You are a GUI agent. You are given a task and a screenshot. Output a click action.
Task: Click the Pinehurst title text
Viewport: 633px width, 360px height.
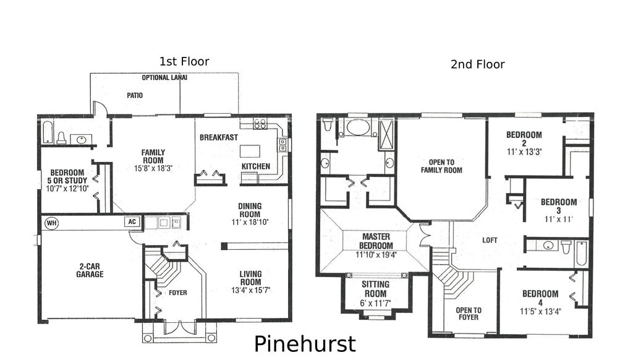305,344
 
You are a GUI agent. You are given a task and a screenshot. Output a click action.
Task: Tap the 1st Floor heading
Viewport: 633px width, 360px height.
184,61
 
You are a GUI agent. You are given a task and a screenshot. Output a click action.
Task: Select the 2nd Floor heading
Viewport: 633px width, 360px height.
477,64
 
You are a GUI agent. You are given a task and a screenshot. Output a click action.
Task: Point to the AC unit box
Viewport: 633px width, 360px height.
131,221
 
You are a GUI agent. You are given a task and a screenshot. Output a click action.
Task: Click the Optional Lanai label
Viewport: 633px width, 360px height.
164,78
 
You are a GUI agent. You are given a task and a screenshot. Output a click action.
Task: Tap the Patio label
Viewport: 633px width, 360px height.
135,96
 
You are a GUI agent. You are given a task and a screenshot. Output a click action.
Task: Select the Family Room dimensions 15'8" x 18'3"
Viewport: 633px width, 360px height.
153,168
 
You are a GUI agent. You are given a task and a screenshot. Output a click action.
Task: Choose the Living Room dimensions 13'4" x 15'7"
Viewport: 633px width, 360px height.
250,289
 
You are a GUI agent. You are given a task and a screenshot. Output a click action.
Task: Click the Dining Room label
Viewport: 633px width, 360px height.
250,210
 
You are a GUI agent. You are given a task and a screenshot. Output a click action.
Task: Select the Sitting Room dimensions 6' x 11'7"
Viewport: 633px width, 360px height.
375,303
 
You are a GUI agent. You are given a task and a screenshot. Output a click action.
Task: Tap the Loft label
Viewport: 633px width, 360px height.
490,240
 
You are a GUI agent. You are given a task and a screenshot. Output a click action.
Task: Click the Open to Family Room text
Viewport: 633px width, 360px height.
441,166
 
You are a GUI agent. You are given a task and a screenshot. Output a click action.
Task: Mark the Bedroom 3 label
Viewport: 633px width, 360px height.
559,206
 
